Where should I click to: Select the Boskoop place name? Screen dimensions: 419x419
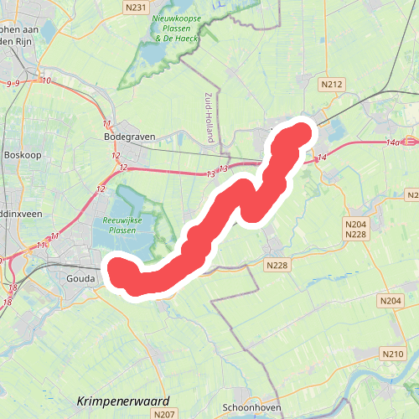click(22, 155)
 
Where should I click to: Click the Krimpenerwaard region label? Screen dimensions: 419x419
click(122, 401)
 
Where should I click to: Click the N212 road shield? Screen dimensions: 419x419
click(332, 84)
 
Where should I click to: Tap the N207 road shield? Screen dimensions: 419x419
click(164, 414)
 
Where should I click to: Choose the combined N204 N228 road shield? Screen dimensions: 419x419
click(357, 229)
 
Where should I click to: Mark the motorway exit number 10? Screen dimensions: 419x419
click(44, 80)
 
